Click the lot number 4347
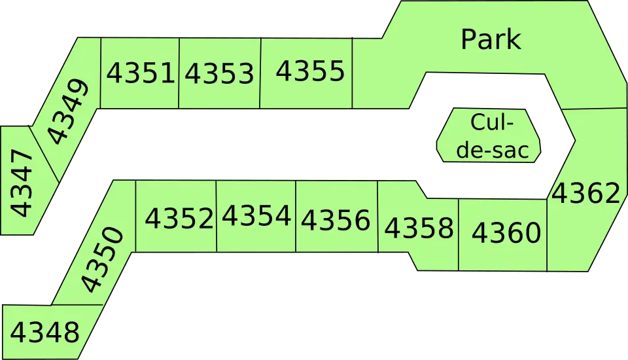[x=21, y=183]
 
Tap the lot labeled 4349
[x=67, y=111]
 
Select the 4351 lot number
[x=141, y=73]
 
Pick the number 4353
[x=220, y=73]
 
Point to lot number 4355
[x=310, y=71]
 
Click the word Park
[x=491, y=39]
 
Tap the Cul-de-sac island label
[x=493, y=136]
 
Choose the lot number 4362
[x=586, y=193]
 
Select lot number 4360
[x=506, y=232]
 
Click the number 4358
[x=419, y=228]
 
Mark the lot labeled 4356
[x=336, y=220]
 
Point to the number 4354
[x=256, y=216]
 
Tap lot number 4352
[x=179, y=218]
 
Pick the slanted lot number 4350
[x=102, y=259]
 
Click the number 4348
[x=45, y=332]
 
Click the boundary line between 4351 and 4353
[x=179, y=73]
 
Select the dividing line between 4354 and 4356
[x=296, y=217]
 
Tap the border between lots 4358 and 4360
[x=459, y=234]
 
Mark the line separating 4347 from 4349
[x=44, y=154]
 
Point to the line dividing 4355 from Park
[x=353, y=73]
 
